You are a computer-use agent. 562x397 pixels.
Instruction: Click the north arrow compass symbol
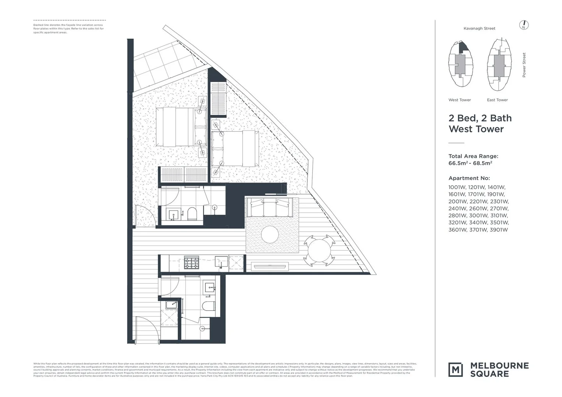point(524,25)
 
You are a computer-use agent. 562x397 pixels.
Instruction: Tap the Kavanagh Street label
point(479,28)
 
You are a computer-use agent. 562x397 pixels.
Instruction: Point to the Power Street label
point(524,65)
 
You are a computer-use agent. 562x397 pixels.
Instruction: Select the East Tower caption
point(497,100)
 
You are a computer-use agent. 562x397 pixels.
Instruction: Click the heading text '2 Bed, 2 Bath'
point(480,118)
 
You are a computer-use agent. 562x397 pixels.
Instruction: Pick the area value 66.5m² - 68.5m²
point(470,163)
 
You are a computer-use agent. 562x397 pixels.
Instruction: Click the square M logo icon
point(456,369)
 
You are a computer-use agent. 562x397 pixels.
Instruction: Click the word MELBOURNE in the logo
point(499,365)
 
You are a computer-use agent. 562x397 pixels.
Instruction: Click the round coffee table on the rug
point(271,234)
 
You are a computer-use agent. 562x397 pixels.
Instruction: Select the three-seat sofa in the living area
point(269,207)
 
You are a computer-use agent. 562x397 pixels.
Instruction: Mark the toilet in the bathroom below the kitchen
point(209,306)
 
